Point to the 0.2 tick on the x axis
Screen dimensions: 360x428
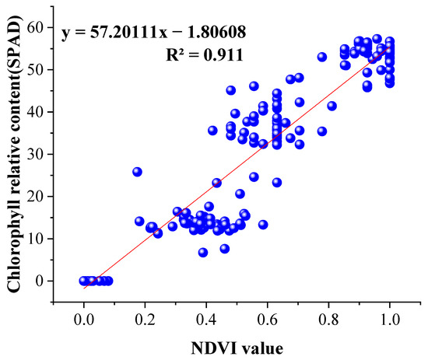[x=145, y=317]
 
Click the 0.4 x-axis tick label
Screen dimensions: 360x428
[x=206, y=317]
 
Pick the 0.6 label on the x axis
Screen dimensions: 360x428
[x=268, y=317]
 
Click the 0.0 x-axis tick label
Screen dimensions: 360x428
[x=83, y=317]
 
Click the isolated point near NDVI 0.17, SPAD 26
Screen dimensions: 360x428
[x=137, y=172]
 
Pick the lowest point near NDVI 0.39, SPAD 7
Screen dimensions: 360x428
[x=203, y=252]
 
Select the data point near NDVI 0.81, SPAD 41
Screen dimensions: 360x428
[x=332, y=106]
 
